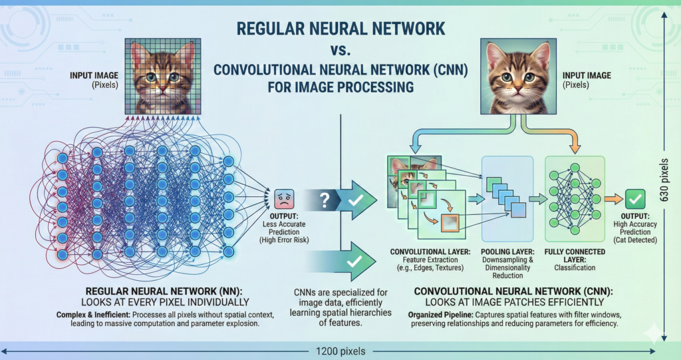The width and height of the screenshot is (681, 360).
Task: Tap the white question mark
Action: (x=325, y=199)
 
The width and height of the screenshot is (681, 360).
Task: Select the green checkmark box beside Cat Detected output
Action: (x=636, y=198)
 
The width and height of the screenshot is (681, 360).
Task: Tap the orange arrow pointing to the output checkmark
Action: (x=614, y=198)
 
